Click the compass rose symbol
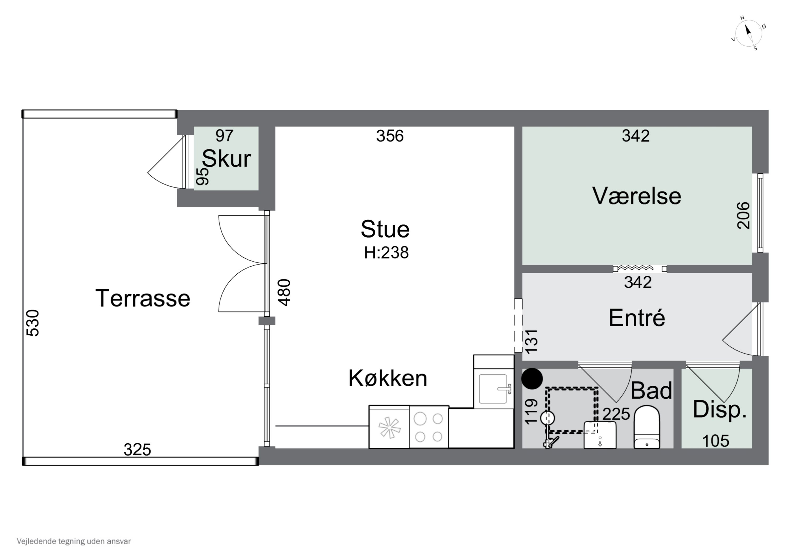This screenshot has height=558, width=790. pos(748,33)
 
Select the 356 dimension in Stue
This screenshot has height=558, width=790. pos(389,136)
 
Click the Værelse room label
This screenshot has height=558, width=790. pos(636,196)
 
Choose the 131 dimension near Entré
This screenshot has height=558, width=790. pos(531,341)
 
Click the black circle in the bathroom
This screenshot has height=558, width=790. pos(532,379)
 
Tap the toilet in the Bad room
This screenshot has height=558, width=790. pos(646,427)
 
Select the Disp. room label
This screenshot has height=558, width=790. pos(719,409)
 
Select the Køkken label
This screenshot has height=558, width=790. pos(388,379)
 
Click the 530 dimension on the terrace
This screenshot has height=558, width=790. pos(33,323)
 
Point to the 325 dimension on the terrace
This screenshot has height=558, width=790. pos(137,450)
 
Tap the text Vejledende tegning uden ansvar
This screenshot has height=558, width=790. pos(74,541)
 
